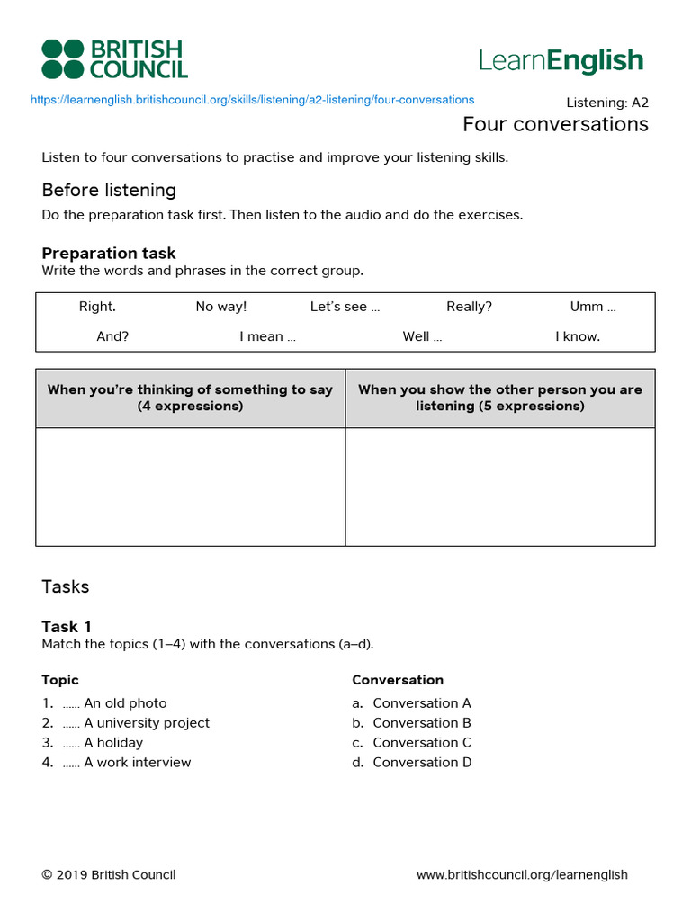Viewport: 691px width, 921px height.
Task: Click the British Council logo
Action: (x=114, y=59)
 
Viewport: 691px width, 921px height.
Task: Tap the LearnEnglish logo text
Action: (x=561, y=60)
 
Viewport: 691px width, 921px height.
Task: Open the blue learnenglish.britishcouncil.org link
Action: (x=252, y=100)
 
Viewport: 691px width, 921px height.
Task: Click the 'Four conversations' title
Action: (x=555, y=124)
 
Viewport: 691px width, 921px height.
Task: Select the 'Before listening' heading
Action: (x=109, y=190)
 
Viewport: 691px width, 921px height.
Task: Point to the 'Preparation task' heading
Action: (x=109, y=253)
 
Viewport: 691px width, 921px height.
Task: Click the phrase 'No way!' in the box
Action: (x=220, y=307)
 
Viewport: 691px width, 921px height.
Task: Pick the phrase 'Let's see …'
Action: (x=345, y=307)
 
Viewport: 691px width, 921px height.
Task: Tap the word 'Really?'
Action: (x=469, y=307)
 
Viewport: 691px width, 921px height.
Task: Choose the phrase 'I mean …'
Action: (x=267, y=336)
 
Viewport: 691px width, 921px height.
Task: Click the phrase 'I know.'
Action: (x=578, y=336)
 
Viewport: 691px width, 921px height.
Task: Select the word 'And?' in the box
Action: (x=112, y=336)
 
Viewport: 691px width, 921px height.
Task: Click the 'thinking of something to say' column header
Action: (x=190, y=398)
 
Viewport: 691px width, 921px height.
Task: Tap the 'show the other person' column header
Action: (x=500, y=398)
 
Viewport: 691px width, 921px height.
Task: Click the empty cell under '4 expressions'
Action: (x=190, y=487)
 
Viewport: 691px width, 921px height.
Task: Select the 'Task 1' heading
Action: (x=67, y=626)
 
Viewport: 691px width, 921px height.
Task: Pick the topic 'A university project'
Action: (x=146, y=723)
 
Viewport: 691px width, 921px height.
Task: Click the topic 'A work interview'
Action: (x=137, y=763)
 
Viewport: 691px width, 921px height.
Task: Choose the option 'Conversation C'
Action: (x=421, y=743)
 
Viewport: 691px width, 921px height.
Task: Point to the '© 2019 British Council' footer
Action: (x=108, y=875)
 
